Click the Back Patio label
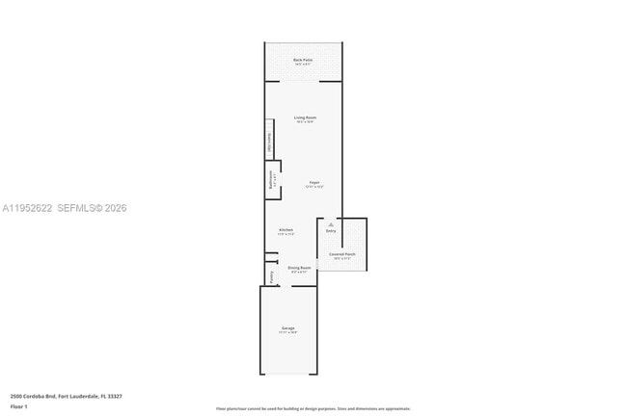[x=303, y=60]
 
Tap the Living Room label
[x=305, y=117]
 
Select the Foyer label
[x=314, y=182]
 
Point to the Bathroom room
[x=272, y=180]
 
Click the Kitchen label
[x=286, y=230]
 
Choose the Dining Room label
[x=299, y=267]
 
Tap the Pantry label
[x=272, y=276]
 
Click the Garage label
[x=288, y=328]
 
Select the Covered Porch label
[x=343, y=254]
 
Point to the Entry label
[x=331, y=231]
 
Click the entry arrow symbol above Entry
[x=331, y=224]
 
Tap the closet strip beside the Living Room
[x=269, y=142]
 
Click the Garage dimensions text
[x=288, y=333]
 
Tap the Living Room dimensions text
[x=305, y=122]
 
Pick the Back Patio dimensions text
[x=303, y=65]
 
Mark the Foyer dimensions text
[x=314, y=187]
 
